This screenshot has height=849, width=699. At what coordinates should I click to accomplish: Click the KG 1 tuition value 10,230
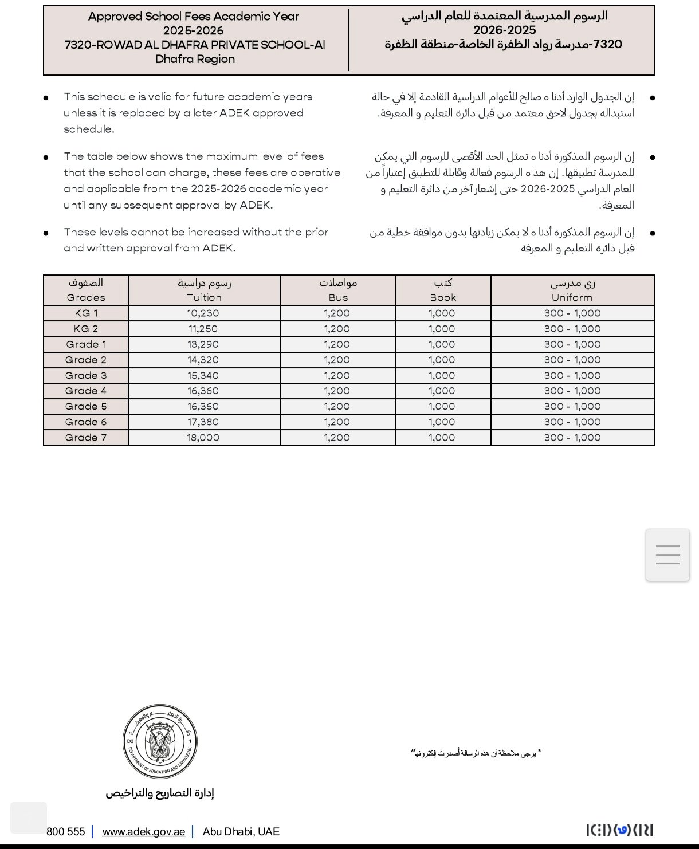(203, 313)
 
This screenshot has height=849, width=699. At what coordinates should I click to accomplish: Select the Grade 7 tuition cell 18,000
(203, 438)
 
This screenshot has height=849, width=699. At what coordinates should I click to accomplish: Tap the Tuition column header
(204, 290)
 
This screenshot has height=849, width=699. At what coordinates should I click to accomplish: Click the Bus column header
(338, 290)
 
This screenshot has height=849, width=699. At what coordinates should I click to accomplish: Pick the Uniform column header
(572, 290)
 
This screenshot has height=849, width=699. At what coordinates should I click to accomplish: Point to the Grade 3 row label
(86, 376)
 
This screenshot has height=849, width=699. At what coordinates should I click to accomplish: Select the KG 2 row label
(86, 329)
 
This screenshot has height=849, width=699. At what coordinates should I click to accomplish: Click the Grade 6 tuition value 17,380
(203, 422)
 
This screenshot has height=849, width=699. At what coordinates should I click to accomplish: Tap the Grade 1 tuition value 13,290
(203, 344)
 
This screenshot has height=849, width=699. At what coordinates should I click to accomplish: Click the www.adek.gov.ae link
(144, 832)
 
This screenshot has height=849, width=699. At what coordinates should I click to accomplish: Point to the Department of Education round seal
(160, 742)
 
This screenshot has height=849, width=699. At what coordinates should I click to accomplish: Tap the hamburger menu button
(667, 555)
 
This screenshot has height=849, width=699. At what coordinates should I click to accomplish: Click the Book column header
(443, 290)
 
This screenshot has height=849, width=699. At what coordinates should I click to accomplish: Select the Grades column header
(86, 290)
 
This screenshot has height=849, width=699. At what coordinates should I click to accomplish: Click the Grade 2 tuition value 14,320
(203, 360)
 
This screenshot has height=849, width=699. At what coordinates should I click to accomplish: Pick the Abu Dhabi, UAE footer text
(241, 832)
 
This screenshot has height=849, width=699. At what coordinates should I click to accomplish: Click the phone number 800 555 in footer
(66, 832)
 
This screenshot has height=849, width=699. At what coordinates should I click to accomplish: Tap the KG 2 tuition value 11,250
(203, 329)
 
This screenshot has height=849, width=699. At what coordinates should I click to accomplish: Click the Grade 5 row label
(86, 407)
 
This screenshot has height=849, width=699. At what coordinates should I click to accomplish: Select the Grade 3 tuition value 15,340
(203, 376)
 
